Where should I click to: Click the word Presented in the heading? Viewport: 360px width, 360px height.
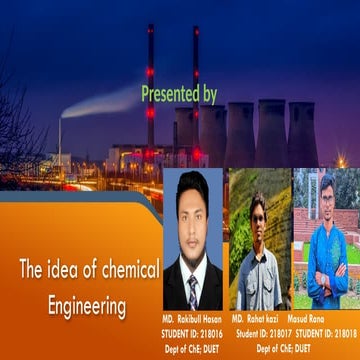pos(169,95)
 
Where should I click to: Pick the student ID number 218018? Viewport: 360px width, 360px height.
pos(341,332)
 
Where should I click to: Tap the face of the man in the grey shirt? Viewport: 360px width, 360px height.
pos(258,213)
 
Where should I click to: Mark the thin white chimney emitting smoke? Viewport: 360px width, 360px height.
pos(59,140)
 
